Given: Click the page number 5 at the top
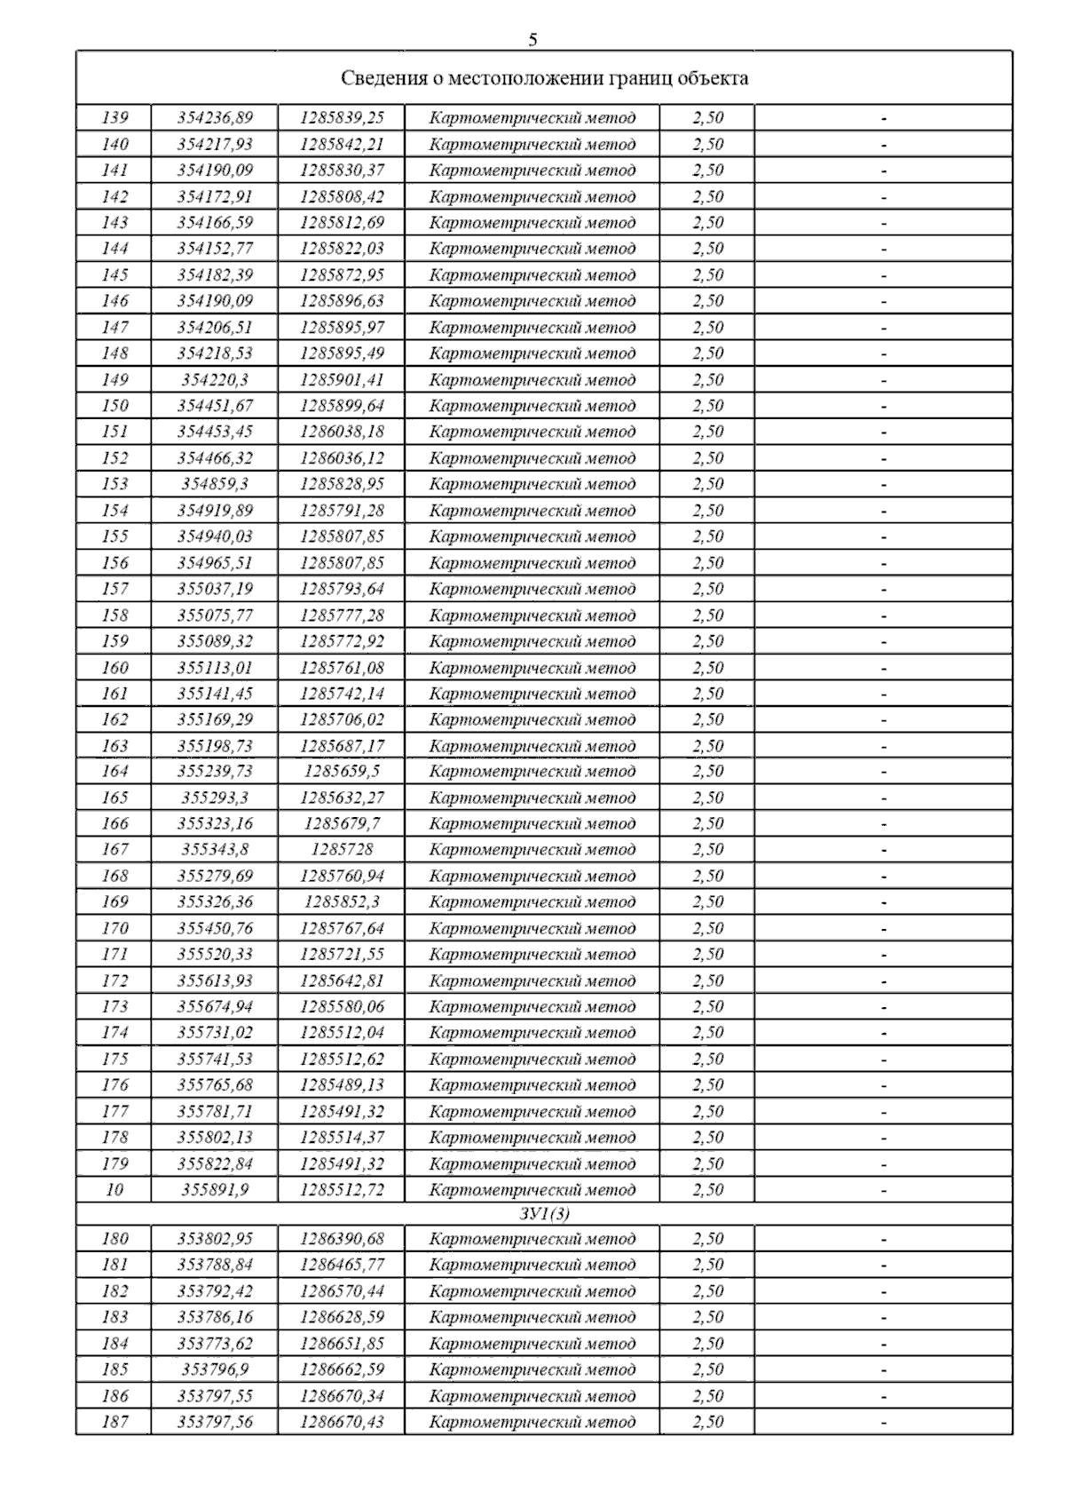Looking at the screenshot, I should [532, 39].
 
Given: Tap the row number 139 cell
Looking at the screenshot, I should [114, 118].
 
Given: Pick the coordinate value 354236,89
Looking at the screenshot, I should [215, 118].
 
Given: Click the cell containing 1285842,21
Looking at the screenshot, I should [342, 144].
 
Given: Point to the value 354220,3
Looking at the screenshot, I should [215, 379].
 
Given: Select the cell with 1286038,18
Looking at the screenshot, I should [342, 432].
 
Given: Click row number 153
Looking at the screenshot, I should [114, 484].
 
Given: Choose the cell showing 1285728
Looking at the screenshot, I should [342, 850].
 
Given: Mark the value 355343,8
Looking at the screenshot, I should [215, 850].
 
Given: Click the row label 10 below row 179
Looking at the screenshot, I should [114, 1190].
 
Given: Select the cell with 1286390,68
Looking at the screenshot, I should [342, 1239].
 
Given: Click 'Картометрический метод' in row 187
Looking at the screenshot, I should [532, 1422].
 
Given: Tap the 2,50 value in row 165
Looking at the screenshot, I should [707, 798].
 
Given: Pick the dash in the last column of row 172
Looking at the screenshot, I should [884, 981].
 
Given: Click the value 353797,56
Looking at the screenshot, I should [215, 1422].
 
